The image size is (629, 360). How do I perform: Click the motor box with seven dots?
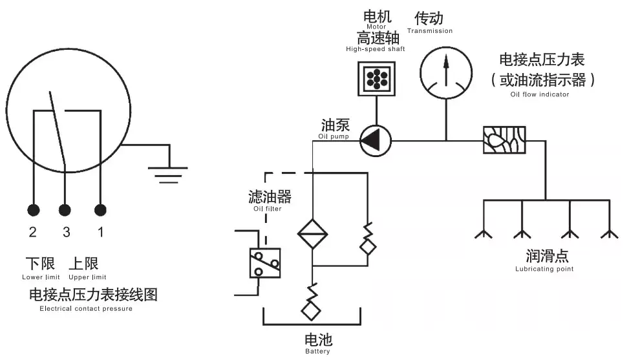375,79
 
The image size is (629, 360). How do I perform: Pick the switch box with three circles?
265,262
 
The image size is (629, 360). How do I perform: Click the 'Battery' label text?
317,352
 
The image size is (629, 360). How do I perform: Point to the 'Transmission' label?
430,30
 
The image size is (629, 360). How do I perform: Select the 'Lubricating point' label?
544,269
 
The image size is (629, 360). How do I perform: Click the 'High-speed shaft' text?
375,49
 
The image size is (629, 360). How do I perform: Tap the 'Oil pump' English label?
335,136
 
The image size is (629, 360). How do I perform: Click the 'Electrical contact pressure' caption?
86,309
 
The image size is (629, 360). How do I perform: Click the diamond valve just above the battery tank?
312,310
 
